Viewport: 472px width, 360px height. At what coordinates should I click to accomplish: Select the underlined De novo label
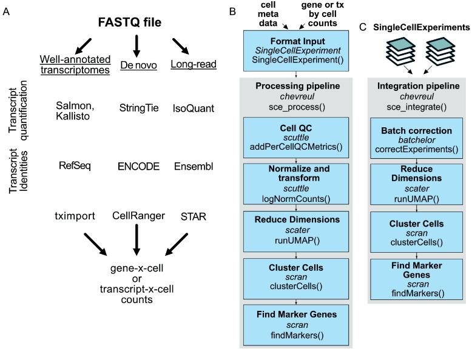click(x=135, y=64)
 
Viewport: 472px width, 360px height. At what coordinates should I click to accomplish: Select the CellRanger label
click(x=137, y=215)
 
